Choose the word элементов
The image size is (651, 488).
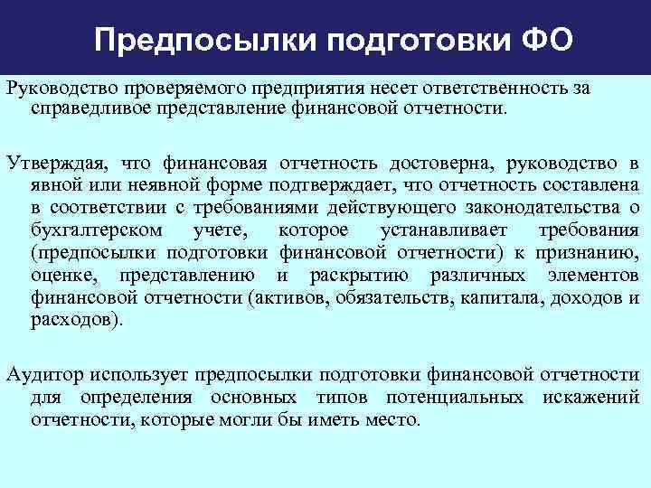tap(593, 274)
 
